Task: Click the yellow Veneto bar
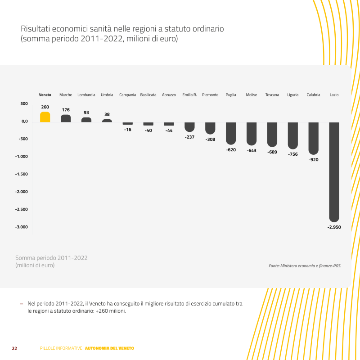click(x=45, y=117)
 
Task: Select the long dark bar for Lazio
click(x=334, y=171)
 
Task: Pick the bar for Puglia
click(x=231, y=133)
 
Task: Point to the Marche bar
click(x=66, y=118)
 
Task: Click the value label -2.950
click(x=334, y=227)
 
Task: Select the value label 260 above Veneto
click(x=45, y=107)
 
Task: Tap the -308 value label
click(x=210, y=139)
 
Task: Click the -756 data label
click(x=293, y=154)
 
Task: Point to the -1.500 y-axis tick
click(x=21, y=174)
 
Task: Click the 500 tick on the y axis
click(x=24, y=103)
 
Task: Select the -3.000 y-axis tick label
click(x=21, y=227)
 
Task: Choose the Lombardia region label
click(x=86, y=95)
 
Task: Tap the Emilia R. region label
click(x=189, y=95)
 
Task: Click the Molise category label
click(x=252, y=95)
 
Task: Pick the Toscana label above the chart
click(x=272, y=95)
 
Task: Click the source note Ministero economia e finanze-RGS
click(x=305, y=266)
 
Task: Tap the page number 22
click(x=14, y=348)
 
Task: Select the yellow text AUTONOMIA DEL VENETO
click(x=109, y=348)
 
